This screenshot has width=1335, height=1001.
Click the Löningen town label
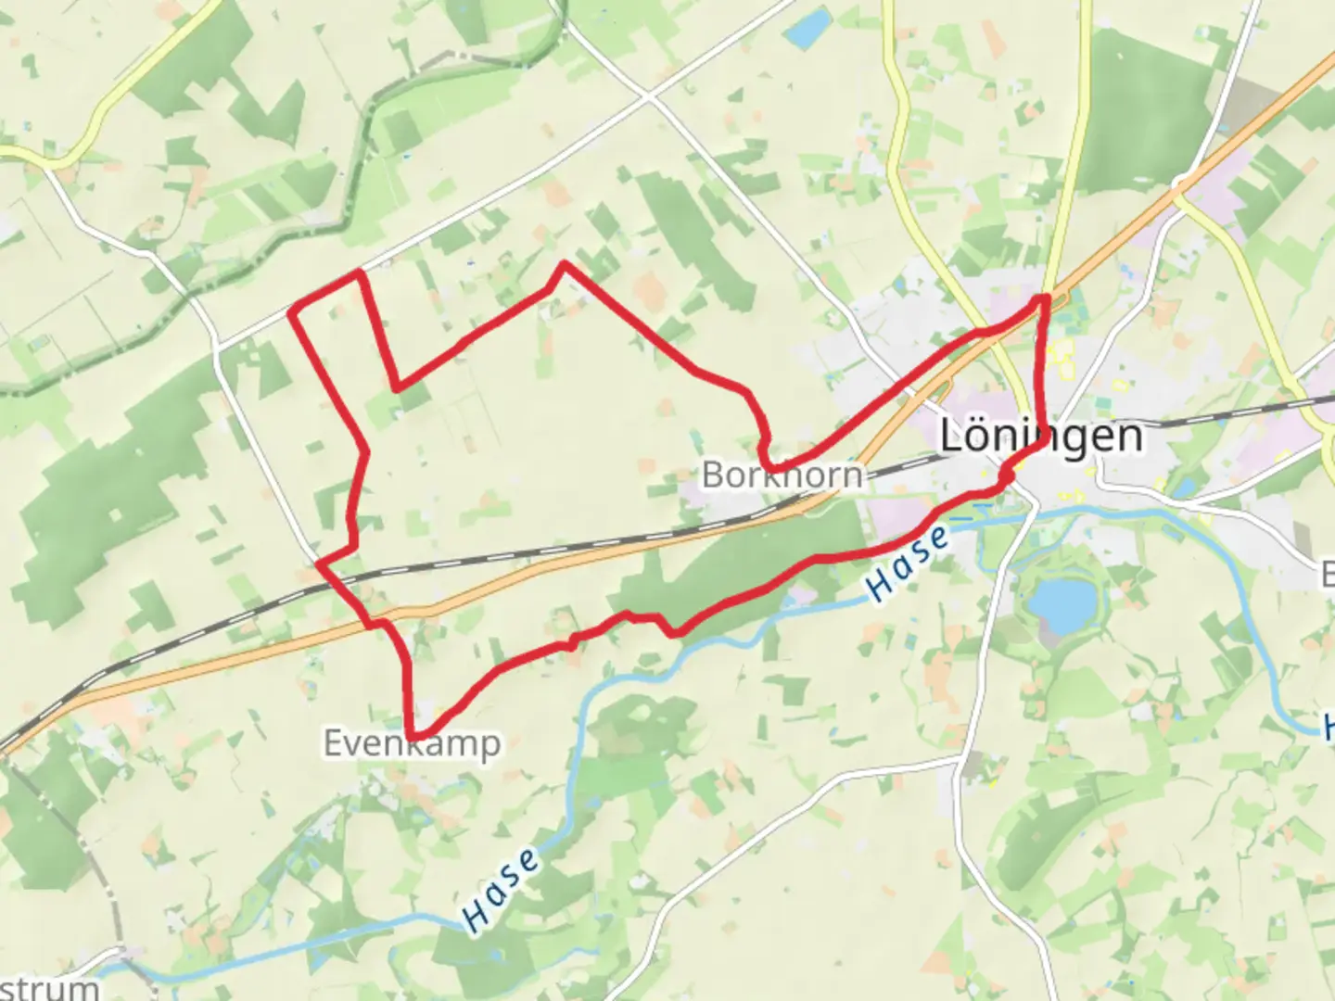click(1041, 436)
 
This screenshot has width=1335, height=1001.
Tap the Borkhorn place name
click(782, 475)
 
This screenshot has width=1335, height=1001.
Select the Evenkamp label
click(412, 743)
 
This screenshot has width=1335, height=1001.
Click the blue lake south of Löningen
click(1061, 602)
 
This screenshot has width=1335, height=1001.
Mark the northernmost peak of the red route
click(563, 264)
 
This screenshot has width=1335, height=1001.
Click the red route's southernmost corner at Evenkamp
click(412, 736)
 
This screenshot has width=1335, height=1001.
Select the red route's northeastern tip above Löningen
click(1045, 298)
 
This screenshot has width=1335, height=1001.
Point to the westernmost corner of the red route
click(292, 313)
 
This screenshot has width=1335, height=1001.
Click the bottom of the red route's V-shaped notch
click(398, 387)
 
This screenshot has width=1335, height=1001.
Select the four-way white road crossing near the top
click(649, 96)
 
